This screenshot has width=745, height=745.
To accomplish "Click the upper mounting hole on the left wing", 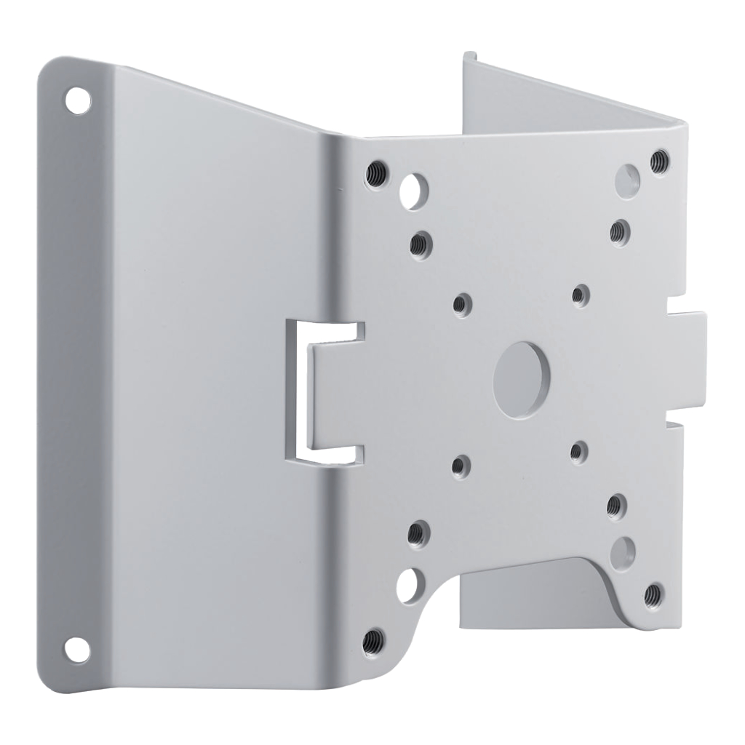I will coord(77,100).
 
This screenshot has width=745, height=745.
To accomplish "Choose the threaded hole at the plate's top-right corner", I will coord(659,160).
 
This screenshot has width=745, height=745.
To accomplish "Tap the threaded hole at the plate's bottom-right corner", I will coord(653,597).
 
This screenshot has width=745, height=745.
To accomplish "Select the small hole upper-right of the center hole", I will coord(580,295).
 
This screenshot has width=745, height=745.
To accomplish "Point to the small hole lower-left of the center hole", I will coord(461,464).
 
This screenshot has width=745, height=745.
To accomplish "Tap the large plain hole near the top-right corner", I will coord(627,177).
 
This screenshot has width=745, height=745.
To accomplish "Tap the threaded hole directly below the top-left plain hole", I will coord(419,245).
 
